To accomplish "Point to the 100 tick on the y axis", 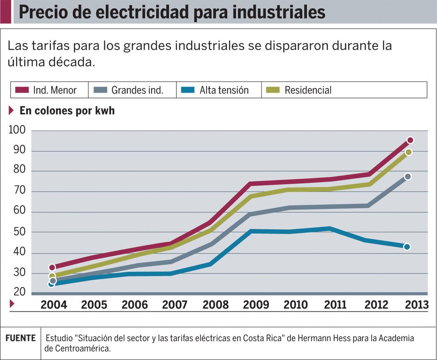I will coord(17,130).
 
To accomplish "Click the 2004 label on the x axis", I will coord(54,305).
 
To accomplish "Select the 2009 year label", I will coord(256,305).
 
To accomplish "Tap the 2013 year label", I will coord(417,305).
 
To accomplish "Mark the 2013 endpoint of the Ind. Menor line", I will coord(410,140).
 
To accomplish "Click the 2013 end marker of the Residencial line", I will coord(408,152).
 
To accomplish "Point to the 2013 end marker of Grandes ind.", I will coord(408,177).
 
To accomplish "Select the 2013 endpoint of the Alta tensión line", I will coord(407,247).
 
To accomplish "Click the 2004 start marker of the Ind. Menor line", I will coord(52,267).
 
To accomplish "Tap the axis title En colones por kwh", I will coord(67,111).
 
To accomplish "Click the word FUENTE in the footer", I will coord(20,338).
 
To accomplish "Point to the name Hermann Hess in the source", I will coord(339,338).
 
